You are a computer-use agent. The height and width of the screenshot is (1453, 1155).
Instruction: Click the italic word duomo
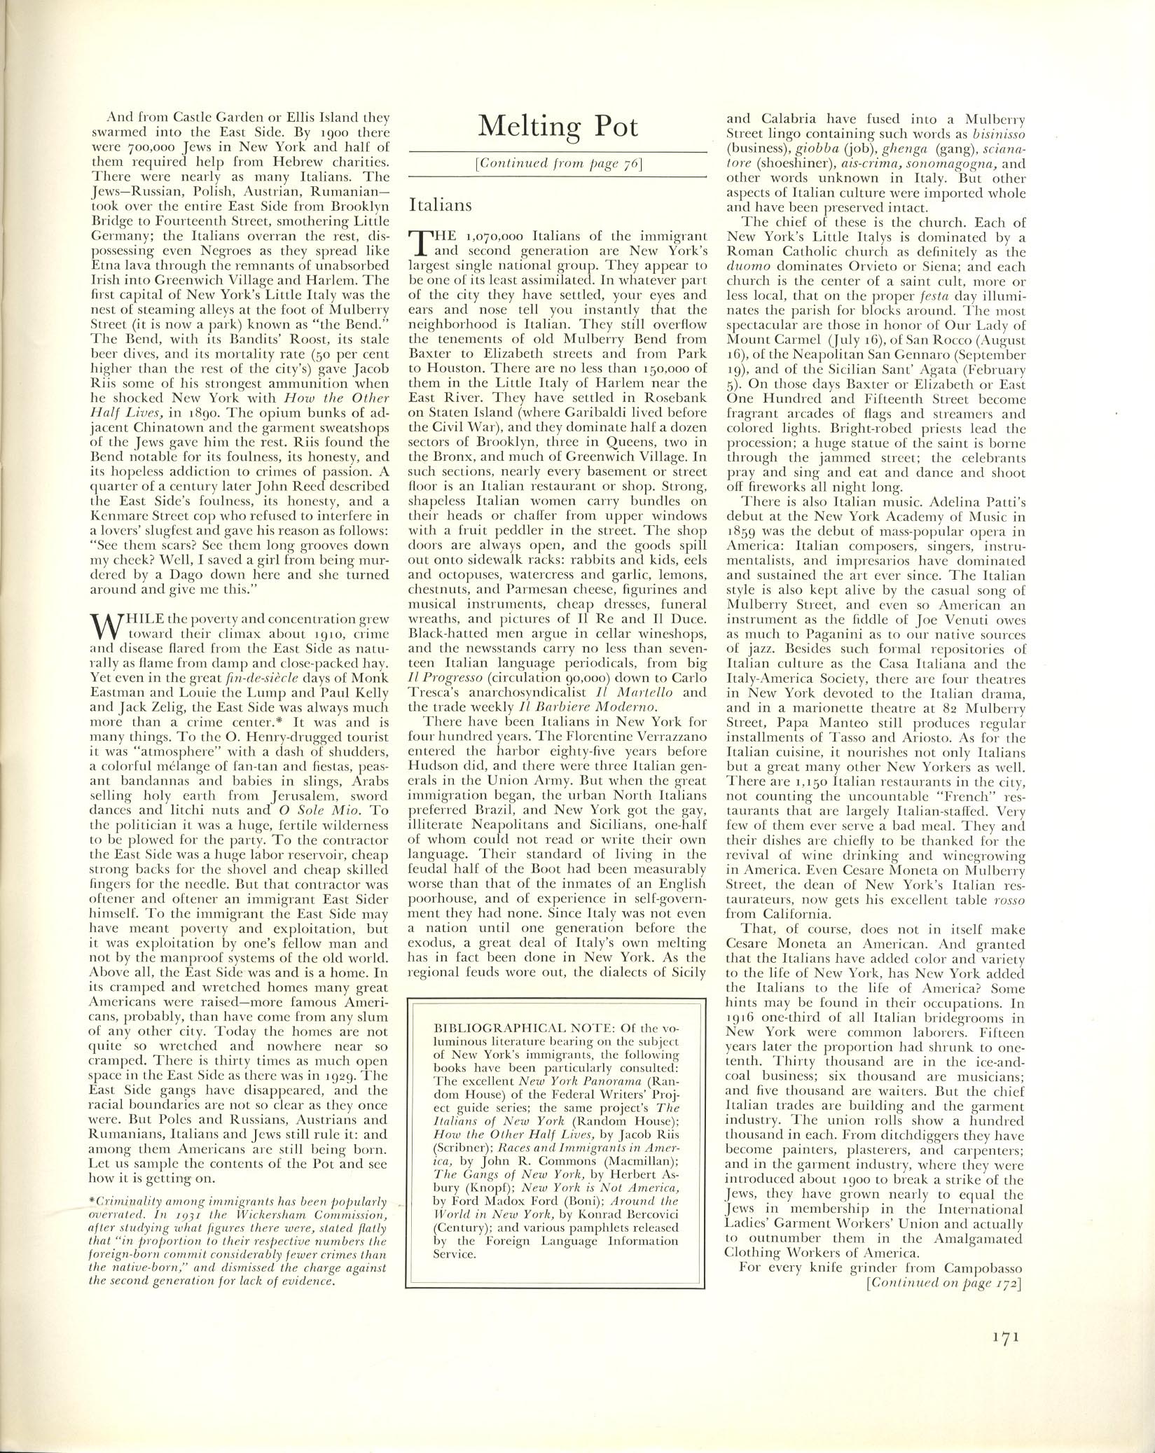pos(745,267)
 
